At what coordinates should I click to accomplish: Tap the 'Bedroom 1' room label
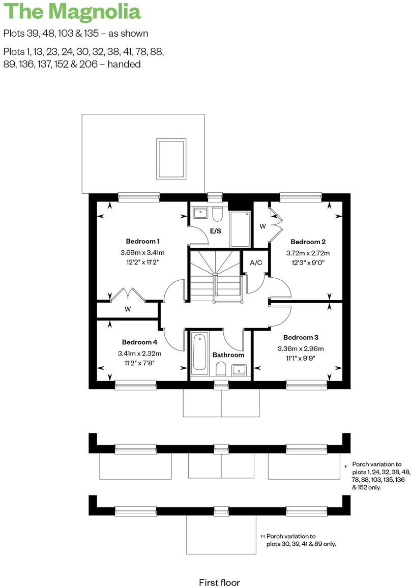[143, 241]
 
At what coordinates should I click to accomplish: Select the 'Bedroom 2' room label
[308, 242]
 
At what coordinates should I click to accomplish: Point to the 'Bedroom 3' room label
[301, 337]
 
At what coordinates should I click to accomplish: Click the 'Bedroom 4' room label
[139, 342]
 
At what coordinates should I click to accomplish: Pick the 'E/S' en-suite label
[216, 231]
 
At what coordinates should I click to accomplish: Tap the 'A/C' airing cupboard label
[255, 263]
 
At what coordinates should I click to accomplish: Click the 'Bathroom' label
[228, 355]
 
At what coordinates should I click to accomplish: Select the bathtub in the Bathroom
[199, 351]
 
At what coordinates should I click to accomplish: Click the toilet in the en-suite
[217, 215]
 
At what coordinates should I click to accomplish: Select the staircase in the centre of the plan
[215, 275]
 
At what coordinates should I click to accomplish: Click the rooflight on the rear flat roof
[171, 159]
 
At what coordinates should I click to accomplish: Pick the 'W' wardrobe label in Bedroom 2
[262, 226]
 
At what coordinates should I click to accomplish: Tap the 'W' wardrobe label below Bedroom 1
[128, 309]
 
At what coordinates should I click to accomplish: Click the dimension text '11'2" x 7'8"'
[139, 363]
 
